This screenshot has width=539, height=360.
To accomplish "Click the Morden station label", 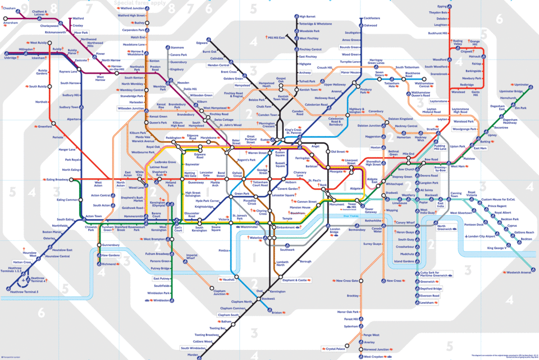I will [192, 355].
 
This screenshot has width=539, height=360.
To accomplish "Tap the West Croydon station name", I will [375, 357].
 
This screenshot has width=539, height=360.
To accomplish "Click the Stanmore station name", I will [177, 47].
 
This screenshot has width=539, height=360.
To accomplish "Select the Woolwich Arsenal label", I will [518, 272].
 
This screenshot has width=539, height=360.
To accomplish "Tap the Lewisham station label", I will [428, 302].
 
